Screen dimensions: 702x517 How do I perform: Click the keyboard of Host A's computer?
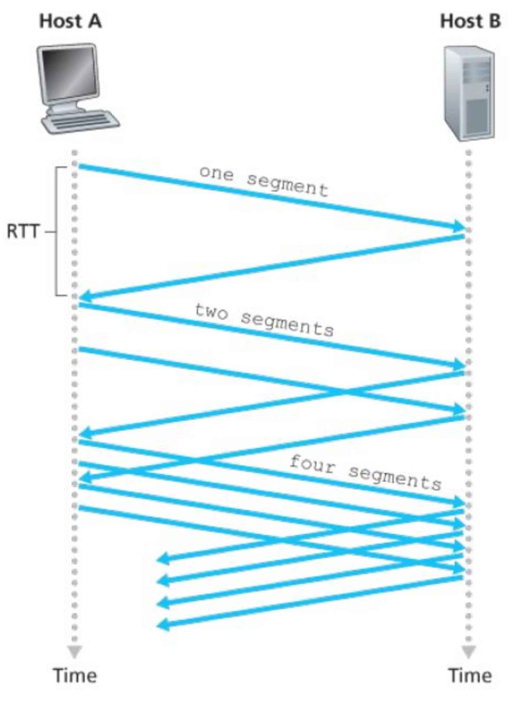[x=80, y=122]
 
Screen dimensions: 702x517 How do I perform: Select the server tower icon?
[x=469, y=93]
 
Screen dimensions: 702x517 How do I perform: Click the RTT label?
[x=23, y=231]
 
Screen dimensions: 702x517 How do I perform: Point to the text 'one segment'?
[x=263, y=181]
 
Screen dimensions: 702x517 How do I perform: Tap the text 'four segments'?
[x=365, y=472]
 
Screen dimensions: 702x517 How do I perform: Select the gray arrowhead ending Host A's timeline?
[x=74, y=652]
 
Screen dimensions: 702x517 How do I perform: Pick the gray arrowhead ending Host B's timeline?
[x=469, y=652]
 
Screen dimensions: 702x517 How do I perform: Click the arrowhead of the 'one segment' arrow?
[x=459, y=227]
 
